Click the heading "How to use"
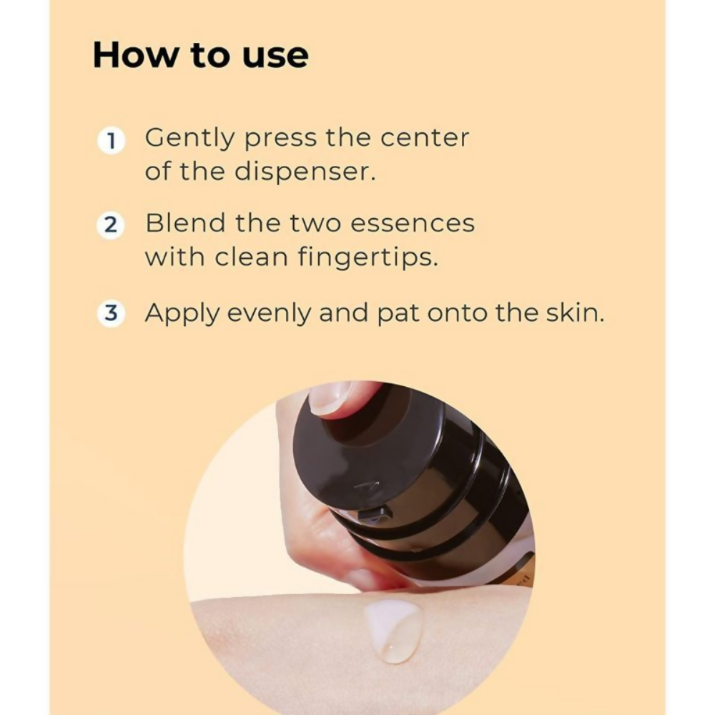201,56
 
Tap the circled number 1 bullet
112,141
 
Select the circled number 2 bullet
112,225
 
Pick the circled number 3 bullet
112,313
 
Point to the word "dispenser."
305,173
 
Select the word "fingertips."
368,259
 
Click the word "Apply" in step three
182,315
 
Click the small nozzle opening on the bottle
375,514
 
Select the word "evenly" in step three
269,315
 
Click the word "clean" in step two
251,257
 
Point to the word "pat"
398,315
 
